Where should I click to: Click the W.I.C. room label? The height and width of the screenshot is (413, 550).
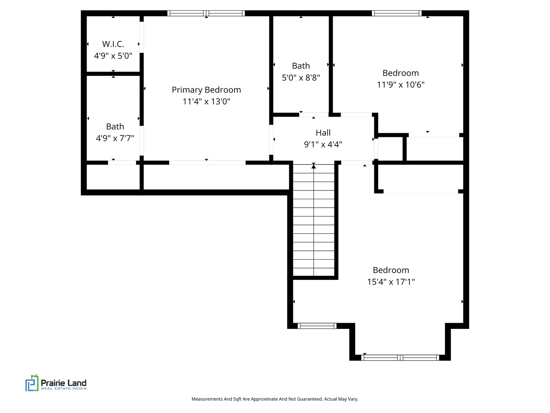(113, 44)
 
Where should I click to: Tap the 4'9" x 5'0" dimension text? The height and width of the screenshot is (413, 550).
(113, 56)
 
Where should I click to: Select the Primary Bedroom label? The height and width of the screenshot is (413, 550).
(206, 90)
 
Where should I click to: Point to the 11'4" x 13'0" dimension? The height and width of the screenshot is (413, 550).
(206, 101)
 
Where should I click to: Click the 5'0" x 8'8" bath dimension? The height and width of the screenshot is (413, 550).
(301, 78)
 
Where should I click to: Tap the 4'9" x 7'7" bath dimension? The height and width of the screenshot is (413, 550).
(115, 138)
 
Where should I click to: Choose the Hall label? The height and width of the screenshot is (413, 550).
(323, 133)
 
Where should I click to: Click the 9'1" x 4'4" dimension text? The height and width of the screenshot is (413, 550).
(323, 145)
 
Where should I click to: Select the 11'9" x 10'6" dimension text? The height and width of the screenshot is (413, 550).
(401, 85)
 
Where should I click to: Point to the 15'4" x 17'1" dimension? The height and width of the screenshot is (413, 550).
(391, 282)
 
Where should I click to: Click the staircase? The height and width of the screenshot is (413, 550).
(314, 220)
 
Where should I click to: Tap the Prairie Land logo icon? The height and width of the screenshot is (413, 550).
(32, 383)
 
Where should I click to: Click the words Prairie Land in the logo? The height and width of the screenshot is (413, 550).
(64, 383)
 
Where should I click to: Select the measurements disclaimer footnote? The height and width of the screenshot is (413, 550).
(275, 399)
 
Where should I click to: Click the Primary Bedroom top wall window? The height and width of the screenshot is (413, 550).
(206, 13)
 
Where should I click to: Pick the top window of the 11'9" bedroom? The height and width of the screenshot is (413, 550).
(397, 13)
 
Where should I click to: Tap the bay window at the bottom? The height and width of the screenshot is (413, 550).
(400, 358)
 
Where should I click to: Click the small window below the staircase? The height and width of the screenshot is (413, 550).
(317, 326)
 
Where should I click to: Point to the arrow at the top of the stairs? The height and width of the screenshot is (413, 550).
(314, 166)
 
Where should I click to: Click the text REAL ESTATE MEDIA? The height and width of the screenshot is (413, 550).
(64, 389)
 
